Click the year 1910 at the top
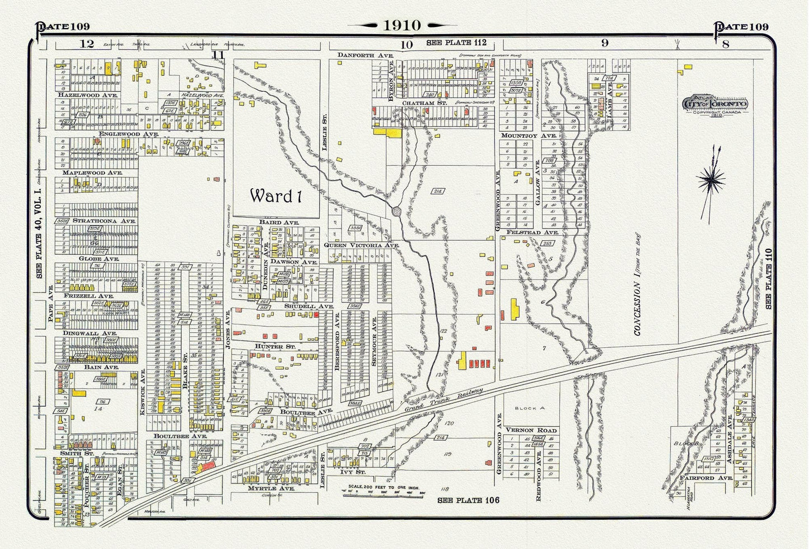coord(401,25)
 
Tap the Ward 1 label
coord(272,196)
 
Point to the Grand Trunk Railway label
coord(443,402)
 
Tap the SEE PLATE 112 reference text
coord(456,43)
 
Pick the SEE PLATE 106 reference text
coord(467,500)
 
